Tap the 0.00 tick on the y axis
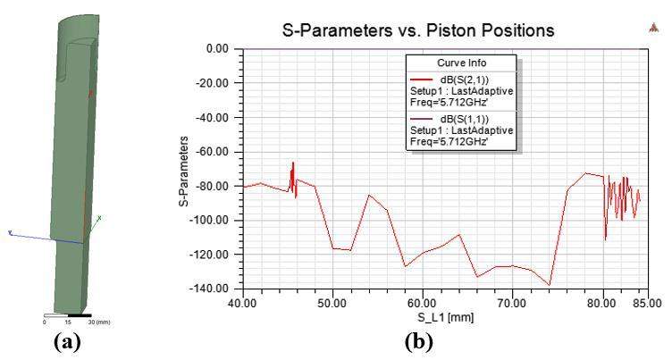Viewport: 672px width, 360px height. point(223,49)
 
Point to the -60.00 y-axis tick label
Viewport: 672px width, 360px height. point(220,152)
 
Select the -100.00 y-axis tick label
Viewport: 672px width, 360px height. point(217,220)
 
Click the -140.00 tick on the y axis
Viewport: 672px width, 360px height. point(217,289)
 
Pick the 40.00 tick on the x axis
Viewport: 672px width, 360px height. point(243,304)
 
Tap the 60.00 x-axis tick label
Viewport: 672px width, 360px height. point(423,304)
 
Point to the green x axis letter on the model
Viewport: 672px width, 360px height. point(99,218)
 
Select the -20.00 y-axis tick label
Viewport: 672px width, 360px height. point(220,83)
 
